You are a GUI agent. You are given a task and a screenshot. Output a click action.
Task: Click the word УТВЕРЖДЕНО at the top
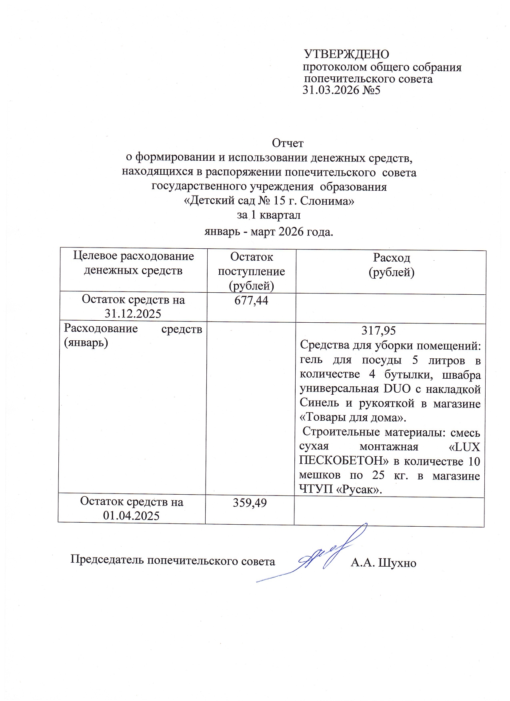[x=346, y=54]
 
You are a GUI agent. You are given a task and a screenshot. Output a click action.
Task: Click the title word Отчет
[x=288, y=143]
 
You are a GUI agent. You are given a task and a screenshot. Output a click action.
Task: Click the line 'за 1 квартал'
[x=268, y=215]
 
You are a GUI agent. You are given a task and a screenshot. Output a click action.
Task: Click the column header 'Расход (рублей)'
[x=391, y=265]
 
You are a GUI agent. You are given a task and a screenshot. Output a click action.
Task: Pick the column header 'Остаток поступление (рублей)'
[x=251, y=271]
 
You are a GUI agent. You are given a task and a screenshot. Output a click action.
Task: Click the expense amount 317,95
[x=378, y=330]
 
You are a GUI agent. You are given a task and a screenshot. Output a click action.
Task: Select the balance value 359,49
[x=250, y=503]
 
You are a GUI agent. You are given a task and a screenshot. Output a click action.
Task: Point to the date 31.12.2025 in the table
[x=133, y=314]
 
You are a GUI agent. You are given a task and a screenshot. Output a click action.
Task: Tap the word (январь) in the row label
[x=86, y=343]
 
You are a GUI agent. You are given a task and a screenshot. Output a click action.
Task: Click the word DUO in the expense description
[x=396, y=389]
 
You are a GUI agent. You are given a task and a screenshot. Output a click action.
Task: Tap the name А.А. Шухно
[x=383, y=563]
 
